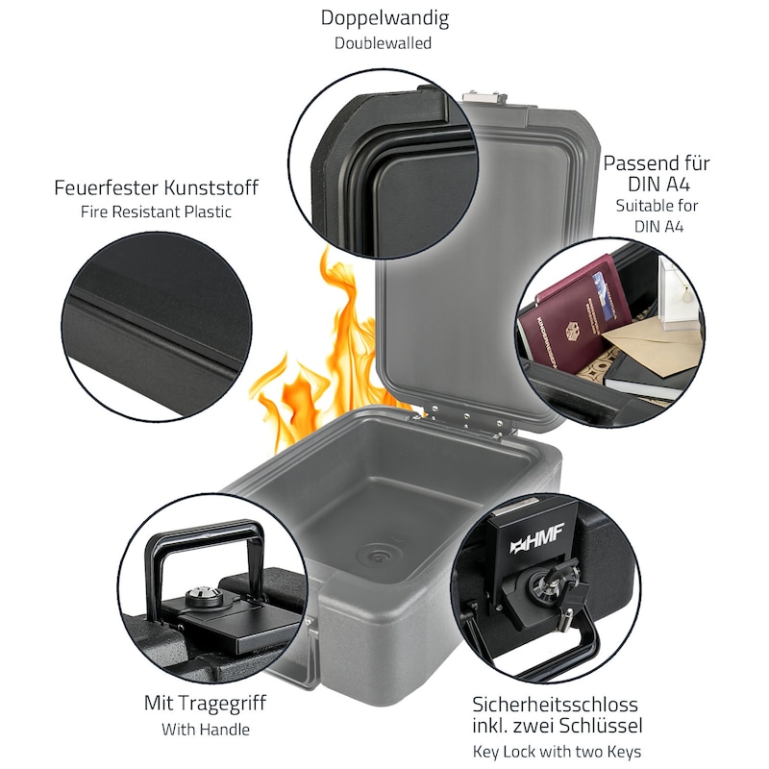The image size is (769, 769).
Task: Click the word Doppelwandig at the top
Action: pyautogui.click(x=384, y=18)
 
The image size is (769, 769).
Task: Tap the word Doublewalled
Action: pyautogui.click(x=383, y=43)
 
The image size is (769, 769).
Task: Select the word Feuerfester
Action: pyautogui.click(x=106, y=187)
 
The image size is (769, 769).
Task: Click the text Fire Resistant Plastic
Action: pyautogui.click(x=156, y=211)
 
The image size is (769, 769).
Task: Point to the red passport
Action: pyautogui.click(x=574, y=316)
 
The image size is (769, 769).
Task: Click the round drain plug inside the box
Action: pyautogui.click(x=379, y=555)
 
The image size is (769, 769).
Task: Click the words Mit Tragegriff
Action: pyautogui.click(x=205, y=704)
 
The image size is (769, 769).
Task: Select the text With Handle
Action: pyautogui.click(x=206, y=730)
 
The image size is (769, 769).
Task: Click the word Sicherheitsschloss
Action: pyautogui.click(x=555, y=705)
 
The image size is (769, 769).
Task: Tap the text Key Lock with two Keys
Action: pyautogui.click(x=557, y=752)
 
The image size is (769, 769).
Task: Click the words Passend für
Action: pyautogui.click(x=657, y=163)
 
